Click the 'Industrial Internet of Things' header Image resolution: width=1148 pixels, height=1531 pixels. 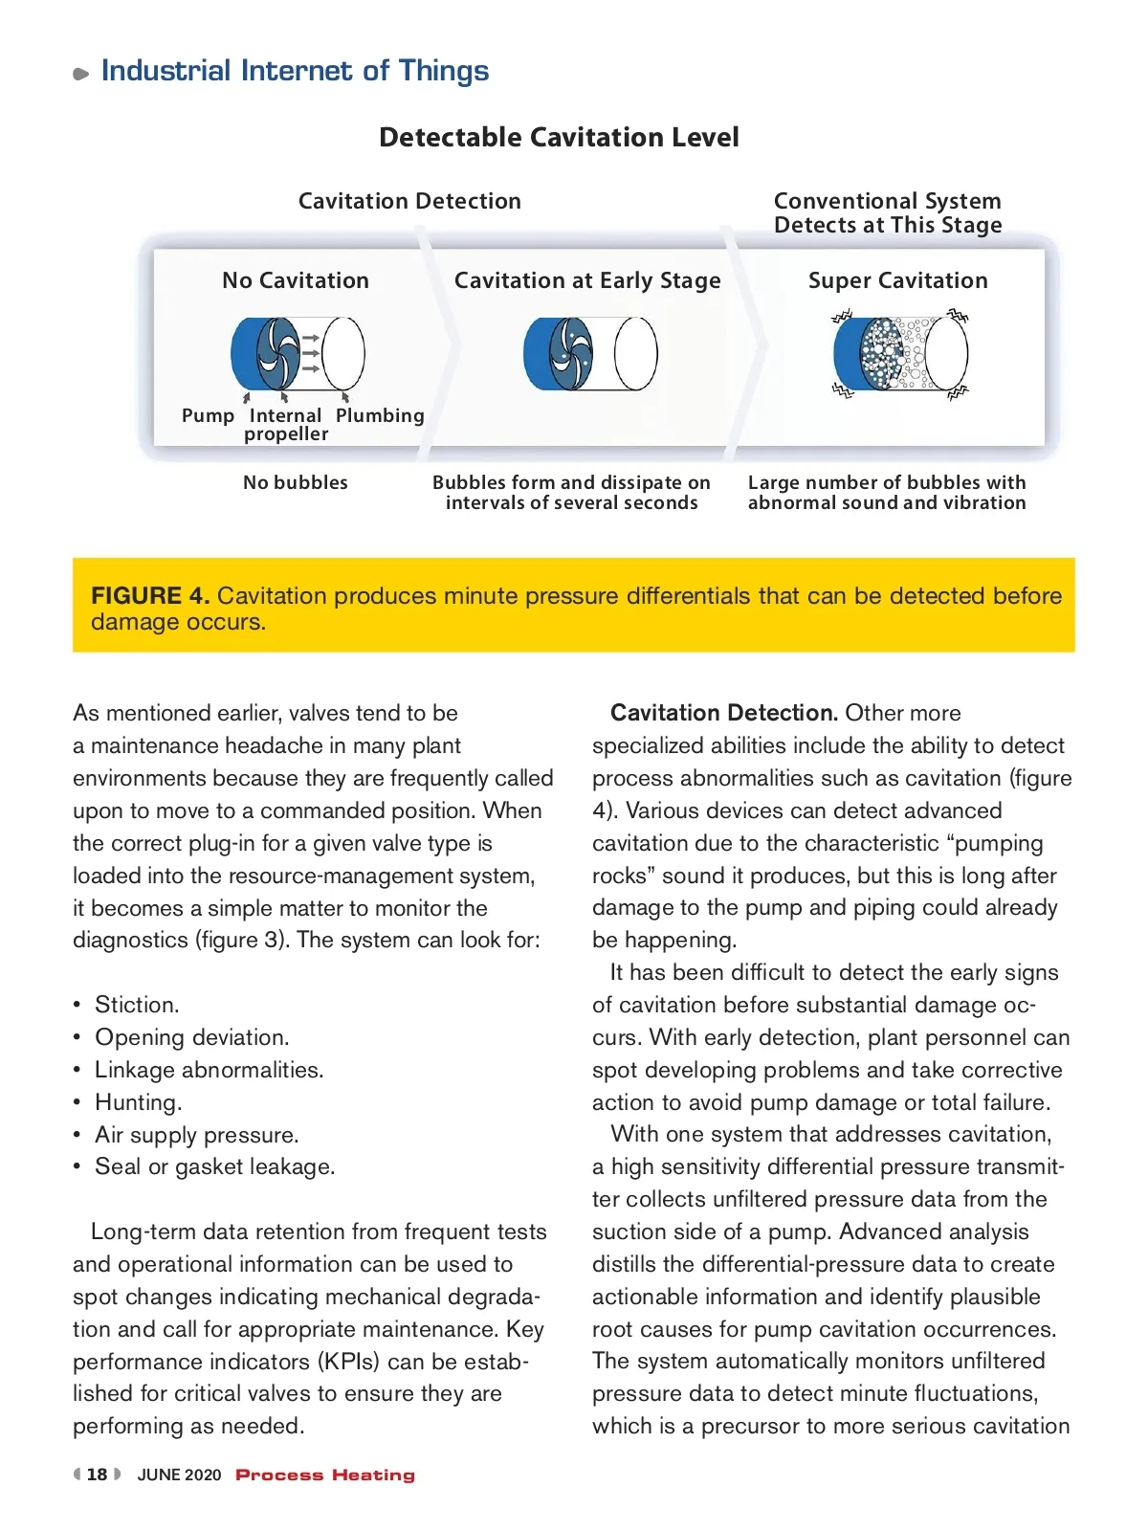pos(295,71)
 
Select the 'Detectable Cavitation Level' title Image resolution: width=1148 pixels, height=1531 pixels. pos(559,138)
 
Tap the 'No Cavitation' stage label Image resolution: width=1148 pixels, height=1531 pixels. pos(296,280)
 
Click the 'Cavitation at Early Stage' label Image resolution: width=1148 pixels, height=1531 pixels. pos(587,280)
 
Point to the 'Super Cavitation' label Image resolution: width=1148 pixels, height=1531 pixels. pos(897,280)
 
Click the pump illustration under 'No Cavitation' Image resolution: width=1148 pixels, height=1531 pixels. pos(298,353)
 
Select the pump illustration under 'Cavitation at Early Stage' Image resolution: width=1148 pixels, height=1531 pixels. pos(590,353)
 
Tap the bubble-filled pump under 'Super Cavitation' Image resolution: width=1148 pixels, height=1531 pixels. pos(900,353)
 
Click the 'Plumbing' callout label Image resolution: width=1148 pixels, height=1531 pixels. pos(380,415)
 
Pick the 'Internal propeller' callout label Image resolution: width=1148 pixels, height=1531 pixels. pos(285,425)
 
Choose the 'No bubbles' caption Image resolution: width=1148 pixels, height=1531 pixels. pos(296,482)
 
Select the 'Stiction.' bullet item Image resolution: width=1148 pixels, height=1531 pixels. pos(137,1005)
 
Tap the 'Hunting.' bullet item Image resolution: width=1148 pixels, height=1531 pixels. pos(138,1102)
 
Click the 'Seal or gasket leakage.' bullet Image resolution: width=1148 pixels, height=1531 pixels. pos(214,1166)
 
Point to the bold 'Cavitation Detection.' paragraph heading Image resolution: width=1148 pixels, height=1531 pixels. pos(724,713)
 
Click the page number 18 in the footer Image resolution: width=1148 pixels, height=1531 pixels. pos(97,1475)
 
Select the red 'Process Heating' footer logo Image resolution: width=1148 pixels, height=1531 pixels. pos(325,1475)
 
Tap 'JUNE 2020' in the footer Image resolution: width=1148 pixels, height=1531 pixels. pos(179,1475)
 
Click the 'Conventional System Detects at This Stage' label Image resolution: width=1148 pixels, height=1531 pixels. pos(888,212)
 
